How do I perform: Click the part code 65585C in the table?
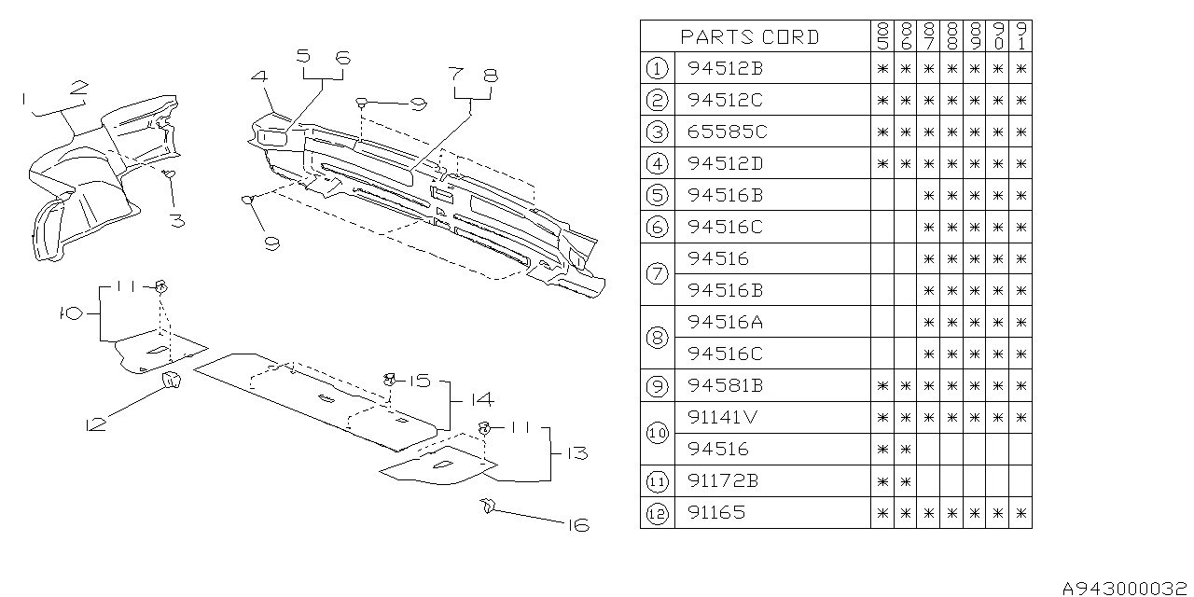728,132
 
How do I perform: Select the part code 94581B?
728,385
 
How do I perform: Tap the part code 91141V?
724,417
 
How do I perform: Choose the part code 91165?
716,512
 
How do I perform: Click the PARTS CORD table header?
750,36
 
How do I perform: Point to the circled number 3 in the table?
657,132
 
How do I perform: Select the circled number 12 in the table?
657,512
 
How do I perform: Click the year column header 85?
882,36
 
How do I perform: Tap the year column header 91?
1021,36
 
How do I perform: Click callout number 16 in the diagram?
578,526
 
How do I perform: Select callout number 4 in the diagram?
258,78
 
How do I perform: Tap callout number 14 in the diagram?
480,399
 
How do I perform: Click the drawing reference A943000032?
1127,589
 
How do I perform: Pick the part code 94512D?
728,163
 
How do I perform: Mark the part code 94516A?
726,322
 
